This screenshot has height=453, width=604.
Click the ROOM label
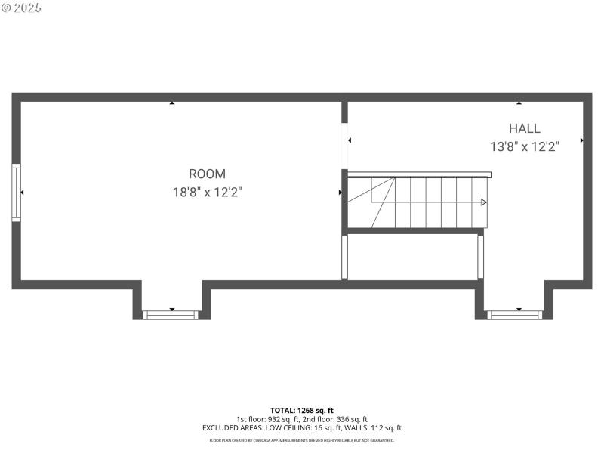[207, 174]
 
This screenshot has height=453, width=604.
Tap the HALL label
[524, 128]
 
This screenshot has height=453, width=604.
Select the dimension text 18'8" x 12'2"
[207, 193]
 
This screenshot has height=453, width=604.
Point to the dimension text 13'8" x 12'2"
[524, 147]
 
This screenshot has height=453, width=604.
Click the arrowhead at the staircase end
[484, 202]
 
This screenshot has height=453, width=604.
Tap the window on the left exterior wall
[16, 193]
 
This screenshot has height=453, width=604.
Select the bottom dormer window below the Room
[171, 314]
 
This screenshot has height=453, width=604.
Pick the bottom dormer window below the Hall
[514, 314]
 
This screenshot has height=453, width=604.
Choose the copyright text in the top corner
[21, 7]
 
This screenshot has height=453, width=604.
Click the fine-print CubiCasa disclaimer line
[301, 440]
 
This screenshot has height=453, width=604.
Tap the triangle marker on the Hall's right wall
[581, 140]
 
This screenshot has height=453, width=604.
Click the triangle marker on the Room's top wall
[172, 103]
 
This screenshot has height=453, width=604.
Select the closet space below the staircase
[411, 257]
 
